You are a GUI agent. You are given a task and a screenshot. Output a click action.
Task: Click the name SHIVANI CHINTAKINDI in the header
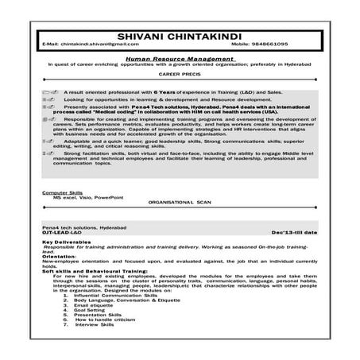180,34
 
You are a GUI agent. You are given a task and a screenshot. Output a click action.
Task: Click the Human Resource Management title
180,58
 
